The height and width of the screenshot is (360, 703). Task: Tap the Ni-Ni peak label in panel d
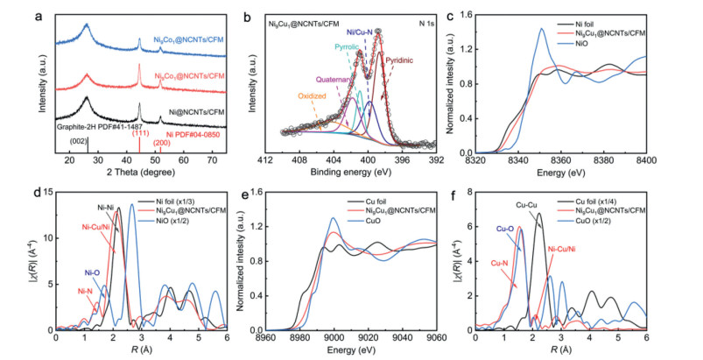click(108, 207)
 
